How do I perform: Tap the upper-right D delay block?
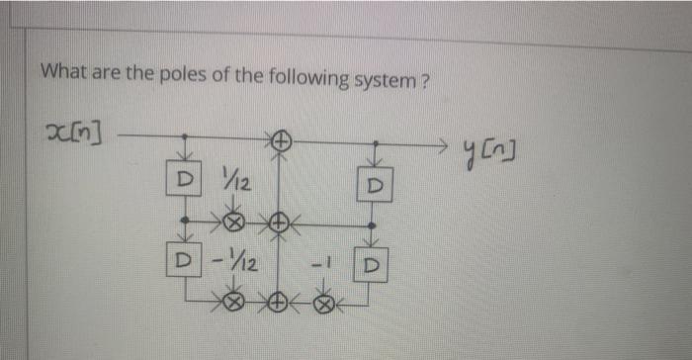pyautogui.click(x=374, y=186)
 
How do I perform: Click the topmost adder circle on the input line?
pyautogui.click(x=280, y=142)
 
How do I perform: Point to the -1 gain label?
pyautogui.click(x=318, y=264)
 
